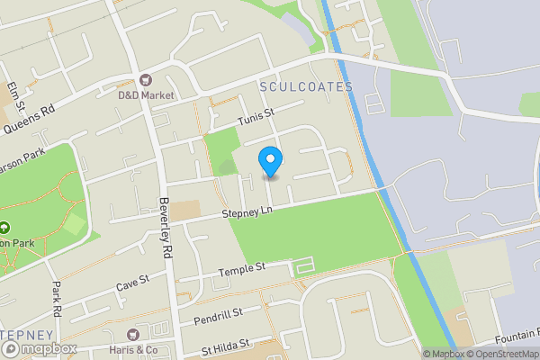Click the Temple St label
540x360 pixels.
pyautogui.click(x=243, y=268)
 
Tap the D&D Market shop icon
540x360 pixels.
pyautogui.click(x=146, y=79)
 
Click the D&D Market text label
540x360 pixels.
pyautogui.click(x=146, y=94)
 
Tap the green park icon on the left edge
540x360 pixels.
pyautogui.click(x=4, y=228)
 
